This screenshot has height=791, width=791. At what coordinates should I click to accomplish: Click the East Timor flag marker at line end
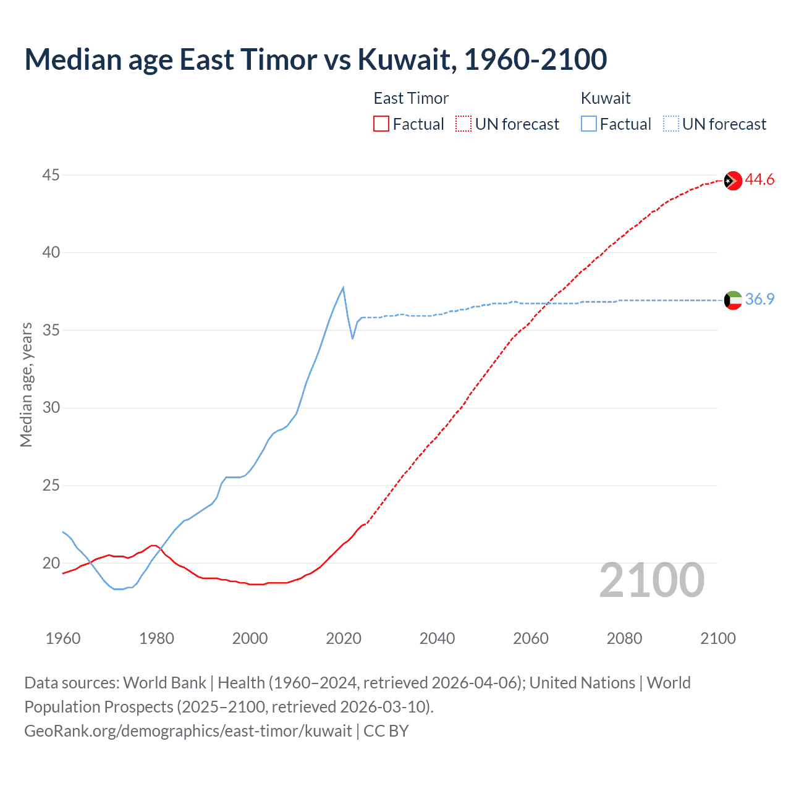pyautogui.click(x=733, y=180)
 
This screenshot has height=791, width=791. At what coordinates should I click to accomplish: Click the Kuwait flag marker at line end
pyautogui.click(x=733, y=300)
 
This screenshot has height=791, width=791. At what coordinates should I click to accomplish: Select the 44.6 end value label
pyautogui.click(x=759, y=180)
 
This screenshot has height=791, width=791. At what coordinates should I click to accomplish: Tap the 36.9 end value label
pyautogui.click(x=759, y=299)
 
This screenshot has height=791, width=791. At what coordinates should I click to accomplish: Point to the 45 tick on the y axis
pyautogui.click(x=51, y=176)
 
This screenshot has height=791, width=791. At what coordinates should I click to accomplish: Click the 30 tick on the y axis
pyautogui.click(x=51, y=408)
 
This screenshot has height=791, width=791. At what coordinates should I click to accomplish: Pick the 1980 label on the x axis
pyautogui.click(x=156, y=638)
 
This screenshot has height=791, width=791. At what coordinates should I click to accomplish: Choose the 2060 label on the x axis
pyautogui.click(x=530, y=638)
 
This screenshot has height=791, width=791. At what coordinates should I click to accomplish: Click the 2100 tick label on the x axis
pyautogui.click(x=717, y=638)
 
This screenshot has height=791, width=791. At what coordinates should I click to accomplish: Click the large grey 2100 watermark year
pyautogui.click(x=651, y=580)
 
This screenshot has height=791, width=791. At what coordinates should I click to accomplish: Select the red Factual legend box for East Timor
pyautogui.click(x=381, y=124)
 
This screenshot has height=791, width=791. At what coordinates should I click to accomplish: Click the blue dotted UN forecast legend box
pyautogui.click(x=671, y=124)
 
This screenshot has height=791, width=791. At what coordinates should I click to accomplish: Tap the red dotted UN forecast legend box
pyautogui.click(x=463, y=124)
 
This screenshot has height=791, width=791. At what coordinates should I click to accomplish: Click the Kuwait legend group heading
pyautogui.click(x=606, y=98)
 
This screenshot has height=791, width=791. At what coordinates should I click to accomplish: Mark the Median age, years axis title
pyautogui.click(x=26, y=384)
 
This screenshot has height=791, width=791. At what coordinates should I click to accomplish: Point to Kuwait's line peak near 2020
pyautogui.click(x=343, y=287)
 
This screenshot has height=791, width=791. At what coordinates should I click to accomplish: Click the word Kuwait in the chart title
pyautogui.click(x=406, y=59)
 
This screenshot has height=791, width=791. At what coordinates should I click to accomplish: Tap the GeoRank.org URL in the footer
pyautogui.click(x=188, y=731)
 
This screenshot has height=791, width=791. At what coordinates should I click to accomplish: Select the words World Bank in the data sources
pyautogui.click(x=164, y=683)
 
